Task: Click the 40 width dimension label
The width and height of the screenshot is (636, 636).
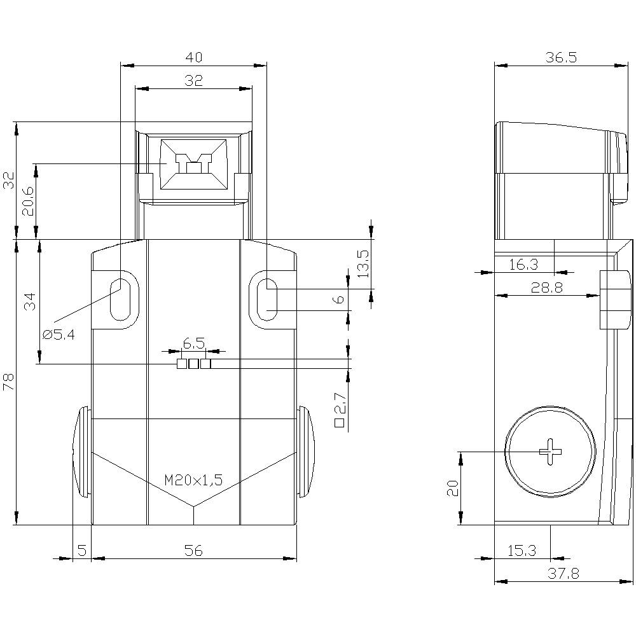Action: coord(193,57)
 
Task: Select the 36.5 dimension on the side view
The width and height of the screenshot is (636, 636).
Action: coord(561,57)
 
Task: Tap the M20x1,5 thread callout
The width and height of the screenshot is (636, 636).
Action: coord(193,480)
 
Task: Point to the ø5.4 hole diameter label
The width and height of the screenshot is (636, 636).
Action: coord(59,335)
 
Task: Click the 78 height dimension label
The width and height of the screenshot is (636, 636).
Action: coord(9,382)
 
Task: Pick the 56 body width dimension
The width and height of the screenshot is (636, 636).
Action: coord(193,550)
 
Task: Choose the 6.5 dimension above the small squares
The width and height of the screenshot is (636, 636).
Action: coord(193,344)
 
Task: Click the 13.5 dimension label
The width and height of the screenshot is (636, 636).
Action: coord(363,264)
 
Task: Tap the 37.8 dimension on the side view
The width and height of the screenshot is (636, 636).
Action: coord(563,573)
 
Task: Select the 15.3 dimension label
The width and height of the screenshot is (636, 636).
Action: coord(522,550)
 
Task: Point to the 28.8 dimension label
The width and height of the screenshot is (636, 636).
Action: coord(547,287)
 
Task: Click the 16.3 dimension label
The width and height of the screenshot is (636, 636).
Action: coord(523,265)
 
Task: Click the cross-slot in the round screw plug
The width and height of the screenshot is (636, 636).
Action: coord(550,452)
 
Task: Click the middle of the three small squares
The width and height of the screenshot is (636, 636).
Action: coord(193,364)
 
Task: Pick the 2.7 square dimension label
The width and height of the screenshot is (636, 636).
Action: coord(340,410)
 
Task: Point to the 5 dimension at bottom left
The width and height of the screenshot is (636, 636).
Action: coord(82,550)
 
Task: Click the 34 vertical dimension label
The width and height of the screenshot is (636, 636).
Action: coord(31,301)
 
